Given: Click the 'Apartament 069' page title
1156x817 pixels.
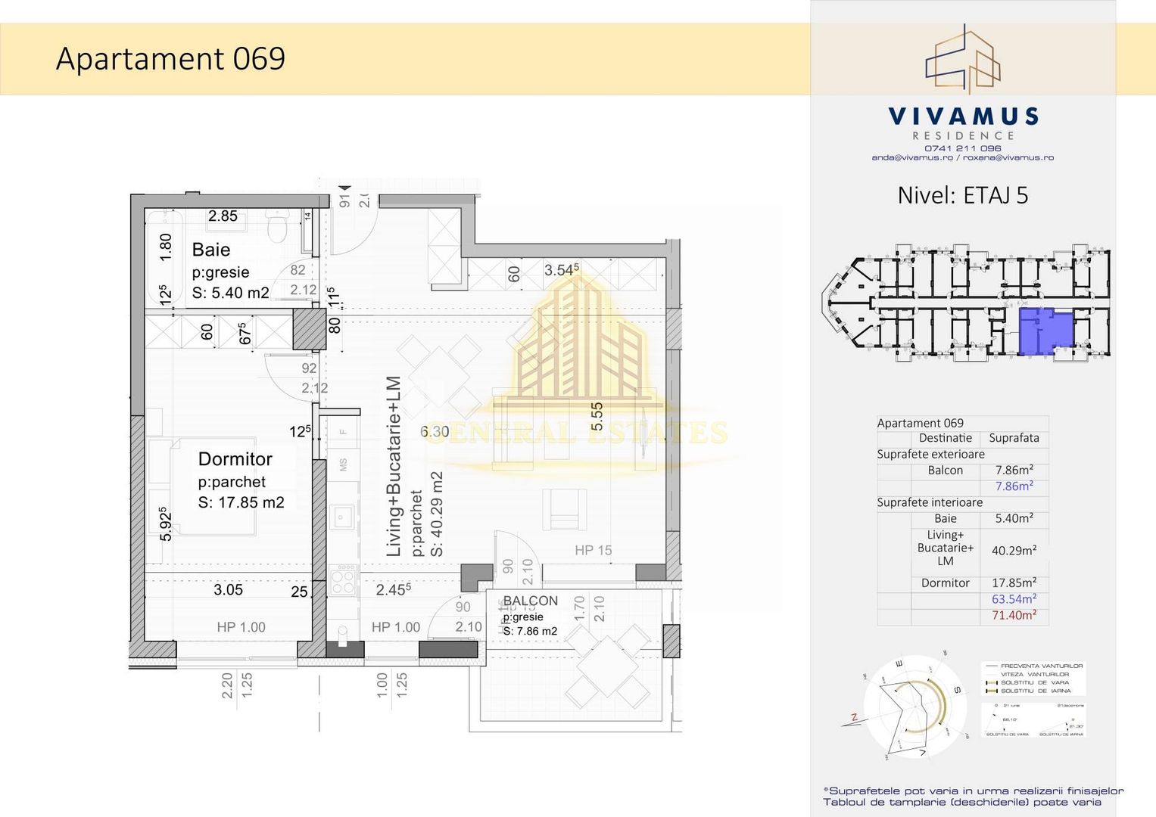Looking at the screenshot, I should (170, 59).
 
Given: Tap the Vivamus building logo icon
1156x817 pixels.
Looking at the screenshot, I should (963, 59).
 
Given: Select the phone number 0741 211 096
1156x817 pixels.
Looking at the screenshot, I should (962, 148).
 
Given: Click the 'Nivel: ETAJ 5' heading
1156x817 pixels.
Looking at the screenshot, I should (962, 196).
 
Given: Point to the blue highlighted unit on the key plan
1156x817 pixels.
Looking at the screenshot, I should (1045, 331).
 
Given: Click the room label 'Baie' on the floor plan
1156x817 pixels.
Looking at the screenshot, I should (211, 250).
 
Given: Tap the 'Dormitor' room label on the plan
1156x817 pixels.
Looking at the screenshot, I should (235, 459).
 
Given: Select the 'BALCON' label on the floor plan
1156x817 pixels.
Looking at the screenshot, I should (530, 601).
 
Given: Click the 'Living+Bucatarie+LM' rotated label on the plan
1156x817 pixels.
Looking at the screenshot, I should (394, 467).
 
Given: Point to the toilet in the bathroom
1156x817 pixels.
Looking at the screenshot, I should (277, 226).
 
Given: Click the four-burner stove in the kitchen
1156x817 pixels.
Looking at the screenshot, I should (343, 580).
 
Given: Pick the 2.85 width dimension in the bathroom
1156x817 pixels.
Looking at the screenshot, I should (223, 216).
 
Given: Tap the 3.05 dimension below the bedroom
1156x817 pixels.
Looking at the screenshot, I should (228, 590).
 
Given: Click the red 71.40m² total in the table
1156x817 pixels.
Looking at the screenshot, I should (1014, 616).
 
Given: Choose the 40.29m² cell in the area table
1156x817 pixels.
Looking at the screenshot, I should (1014, 551).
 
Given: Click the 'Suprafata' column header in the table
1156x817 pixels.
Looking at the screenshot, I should (1014, 438).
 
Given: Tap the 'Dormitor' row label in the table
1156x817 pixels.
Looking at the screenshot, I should (945, 583).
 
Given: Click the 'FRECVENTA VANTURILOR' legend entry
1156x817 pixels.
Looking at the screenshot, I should (1041, 666).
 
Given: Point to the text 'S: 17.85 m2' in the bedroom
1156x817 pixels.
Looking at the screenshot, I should (241, 503).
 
